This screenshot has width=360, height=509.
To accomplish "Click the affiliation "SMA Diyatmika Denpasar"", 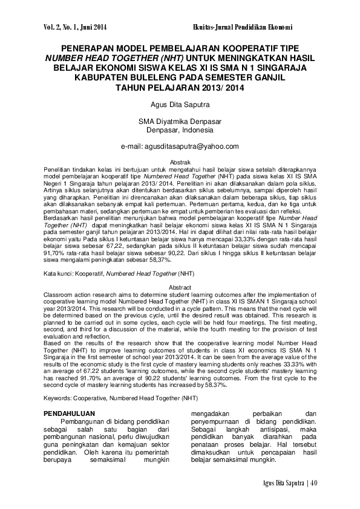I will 180,120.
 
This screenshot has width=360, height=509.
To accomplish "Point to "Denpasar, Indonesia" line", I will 180,129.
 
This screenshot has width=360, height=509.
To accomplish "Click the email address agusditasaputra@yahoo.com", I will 180,146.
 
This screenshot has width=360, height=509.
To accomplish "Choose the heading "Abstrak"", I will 180,163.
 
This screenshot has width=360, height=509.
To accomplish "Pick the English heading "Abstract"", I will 180,288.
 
